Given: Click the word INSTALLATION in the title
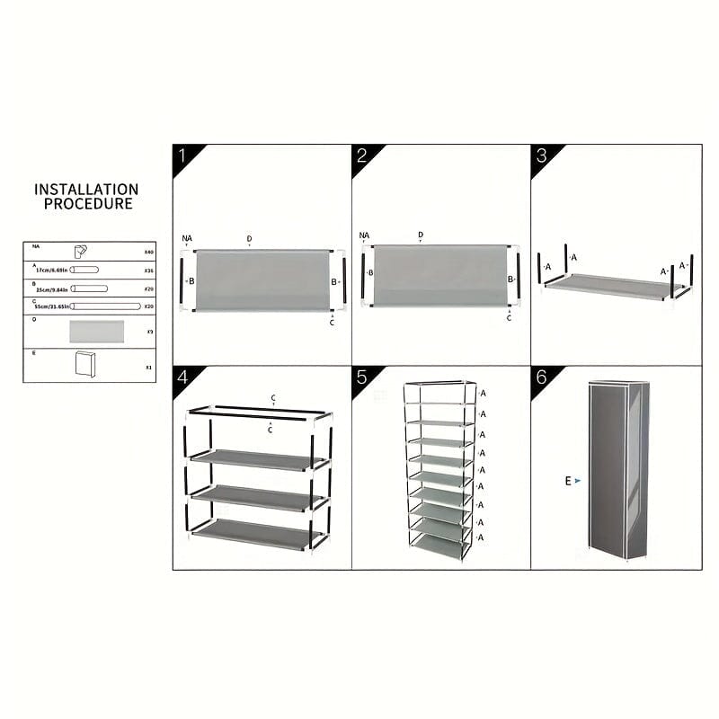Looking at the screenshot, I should click(x=86, y=190).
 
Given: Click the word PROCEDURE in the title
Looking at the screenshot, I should click(x=87, y=204).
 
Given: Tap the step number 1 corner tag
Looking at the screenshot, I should click(x=183, y=155).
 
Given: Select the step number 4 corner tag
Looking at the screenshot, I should click(x=183, y=377).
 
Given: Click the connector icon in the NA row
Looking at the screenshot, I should click(x=80, y=252).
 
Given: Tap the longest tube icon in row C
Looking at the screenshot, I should click(x=106, y=306).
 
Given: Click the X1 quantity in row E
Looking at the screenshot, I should click(x=149, y=368).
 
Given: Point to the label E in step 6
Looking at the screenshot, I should click(x=568, y=481).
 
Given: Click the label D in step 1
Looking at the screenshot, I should click(x=249, y=238).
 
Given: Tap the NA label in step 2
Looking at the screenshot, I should click(x=364, y=236).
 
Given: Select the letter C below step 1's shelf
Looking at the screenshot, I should click(x=332, y=322).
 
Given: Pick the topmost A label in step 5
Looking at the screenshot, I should click(x=483, y=394).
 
